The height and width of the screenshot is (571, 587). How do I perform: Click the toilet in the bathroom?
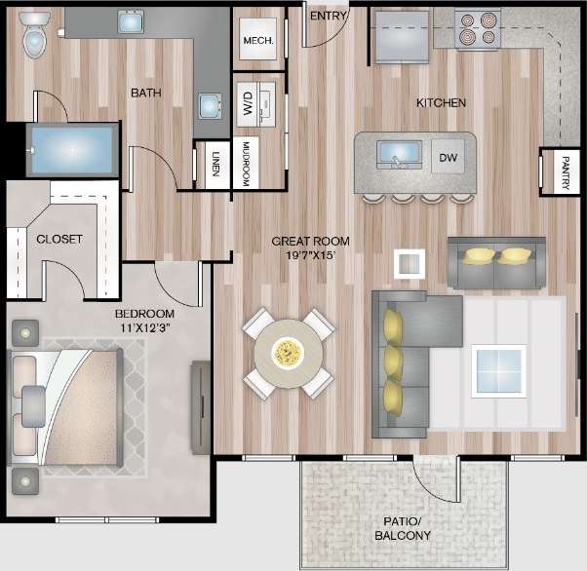34,36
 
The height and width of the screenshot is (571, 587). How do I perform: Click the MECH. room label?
258,42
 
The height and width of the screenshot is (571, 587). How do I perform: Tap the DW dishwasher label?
449,157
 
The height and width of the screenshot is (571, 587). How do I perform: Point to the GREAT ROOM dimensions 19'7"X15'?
310,255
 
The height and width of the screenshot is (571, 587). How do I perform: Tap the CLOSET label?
59,239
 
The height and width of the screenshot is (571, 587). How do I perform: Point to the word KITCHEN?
441,102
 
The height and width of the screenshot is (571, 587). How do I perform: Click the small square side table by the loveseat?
410,263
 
